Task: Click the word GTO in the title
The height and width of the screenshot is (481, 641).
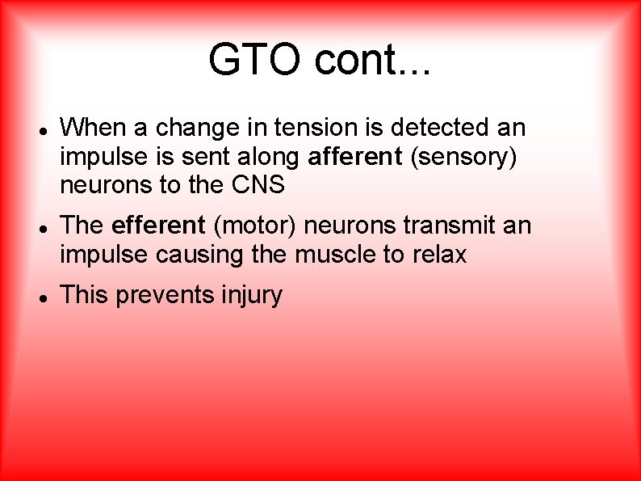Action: (256, 59)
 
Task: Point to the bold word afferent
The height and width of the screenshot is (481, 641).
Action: (355, 156)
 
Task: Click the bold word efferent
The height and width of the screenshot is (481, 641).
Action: (159, 226)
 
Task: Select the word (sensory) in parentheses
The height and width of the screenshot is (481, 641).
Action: (463, 157)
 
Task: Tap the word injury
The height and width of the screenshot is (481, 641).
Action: (251, 296)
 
